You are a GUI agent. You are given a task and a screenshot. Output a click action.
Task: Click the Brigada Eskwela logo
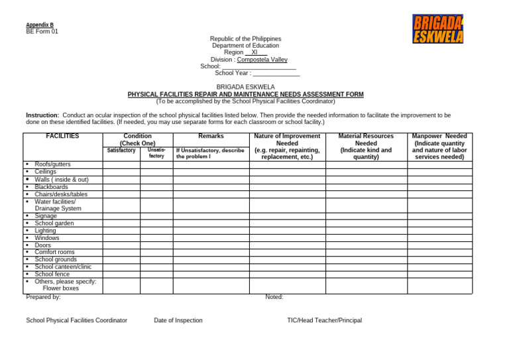click(x=437, y=29)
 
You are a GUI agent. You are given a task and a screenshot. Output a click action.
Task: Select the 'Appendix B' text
click(x=40, y=25)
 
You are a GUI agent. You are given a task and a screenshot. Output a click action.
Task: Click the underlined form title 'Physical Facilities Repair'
click(x=245, y=94)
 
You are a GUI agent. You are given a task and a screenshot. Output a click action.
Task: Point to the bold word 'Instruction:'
click(x=42, y=115)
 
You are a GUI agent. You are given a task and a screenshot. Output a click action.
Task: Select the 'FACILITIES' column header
click(x=62, y=136)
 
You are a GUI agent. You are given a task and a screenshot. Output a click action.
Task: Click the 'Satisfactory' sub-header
click(x=121, y=150)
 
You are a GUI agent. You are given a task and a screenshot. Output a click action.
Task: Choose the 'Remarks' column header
click(x=211, y=136)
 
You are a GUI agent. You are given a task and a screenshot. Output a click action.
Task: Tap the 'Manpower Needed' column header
click(x=439, y=136)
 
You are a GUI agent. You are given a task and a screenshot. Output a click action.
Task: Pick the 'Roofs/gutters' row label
click(x=52, y=164)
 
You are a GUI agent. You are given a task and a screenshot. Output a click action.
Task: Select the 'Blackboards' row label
click(x=51, y=187)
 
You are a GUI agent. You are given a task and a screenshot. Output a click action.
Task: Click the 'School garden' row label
click(x=54, y=223)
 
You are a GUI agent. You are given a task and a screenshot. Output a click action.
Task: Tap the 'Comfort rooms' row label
click(x=54, y=252)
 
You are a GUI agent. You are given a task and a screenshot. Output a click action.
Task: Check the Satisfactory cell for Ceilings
click(x=121, y=172)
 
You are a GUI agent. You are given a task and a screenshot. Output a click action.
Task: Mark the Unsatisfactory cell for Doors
click(x=156, y=245)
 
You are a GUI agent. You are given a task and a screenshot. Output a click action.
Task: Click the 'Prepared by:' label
click(x=44, y=297)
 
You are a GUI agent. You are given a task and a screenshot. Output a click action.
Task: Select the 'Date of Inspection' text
click(x=178, y=320)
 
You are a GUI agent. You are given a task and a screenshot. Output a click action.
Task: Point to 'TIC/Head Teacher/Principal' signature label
click(x=324, y=320)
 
